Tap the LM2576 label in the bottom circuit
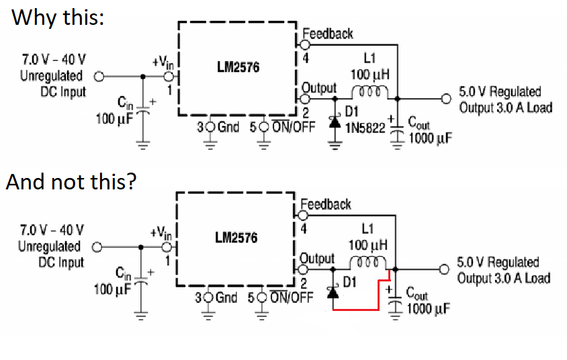pyautogui.click(x=236, y=238)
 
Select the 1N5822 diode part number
pyautogui.click(x=365, y=126)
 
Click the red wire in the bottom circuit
pyautogui.click(x=363, y=310)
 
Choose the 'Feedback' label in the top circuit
pyautogui.click(x=328, y=33)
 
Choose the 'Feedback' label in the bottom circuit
pyautogui.click(x=326, y=204)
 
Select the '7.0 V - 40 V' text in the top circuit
pyautogui.click(x=53, y=59)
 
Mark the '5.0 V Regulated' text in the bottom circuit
pyautogui.click(x=498, y=263)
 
